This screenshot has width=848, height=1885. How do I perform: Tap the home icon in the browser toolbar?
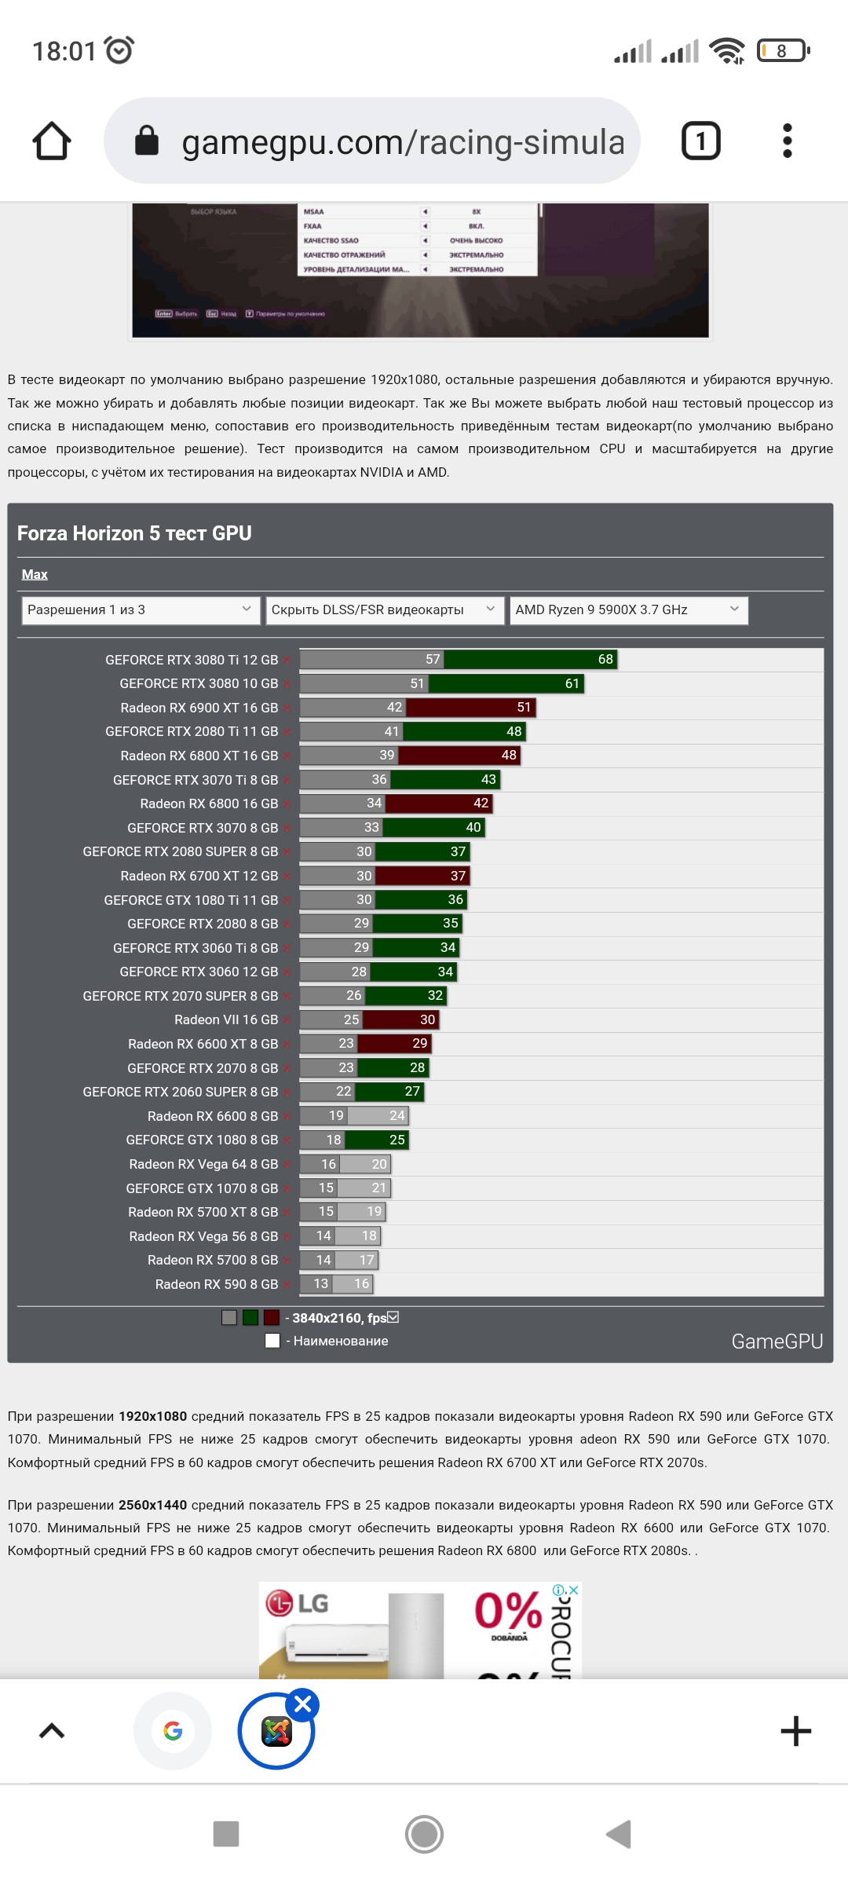(x=52, y=141)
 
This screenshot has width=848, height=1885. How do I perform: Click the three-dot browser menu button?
(x=788, y=141)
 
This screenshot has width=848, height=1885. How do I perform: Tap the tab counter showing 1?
(x=700, y=141)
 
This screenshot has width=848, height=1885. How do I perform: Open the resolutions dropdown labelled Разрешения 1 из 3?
(x=141, y=610)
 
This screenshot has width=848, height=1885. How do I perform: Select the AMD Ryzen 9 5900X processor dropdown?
(x=628, y=610)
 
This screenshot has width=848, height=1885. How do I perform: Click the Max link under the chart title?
(x=35, y=575)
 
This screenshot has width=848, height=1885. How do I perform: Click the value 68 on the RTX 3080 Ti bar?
(x=605, y=660)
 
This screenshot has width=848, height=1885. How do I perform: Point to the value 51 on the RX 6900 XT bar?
(x=524, y=708)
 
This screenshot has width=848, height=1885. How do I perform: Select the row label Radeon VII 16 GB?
(x=226, y=1020)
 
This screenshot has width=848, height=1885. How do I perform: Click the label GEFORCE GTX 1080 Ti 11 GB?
(x=191, y=900)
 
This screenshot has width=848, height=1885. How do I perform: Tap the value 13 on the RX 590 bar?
(x=320, y=1284)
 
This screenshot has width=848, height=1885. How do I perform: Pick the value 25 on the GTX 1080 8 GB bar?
(x=397, y=1140)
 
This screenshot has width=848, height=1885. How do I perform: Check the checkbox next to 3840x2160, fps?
(x=393, y=1317)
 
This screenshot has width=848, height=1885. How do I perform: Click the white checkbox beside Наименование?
(x=272, y=1341)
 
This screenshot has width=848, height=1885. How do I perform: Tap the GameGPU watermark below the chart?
(x=777, y=1341)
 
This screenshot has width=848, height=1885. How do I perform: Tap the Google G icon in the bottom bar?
(x=173, y=1731)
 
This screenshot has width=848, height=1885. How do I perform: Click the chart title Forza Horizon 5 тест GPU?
(x=134, y=534)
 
